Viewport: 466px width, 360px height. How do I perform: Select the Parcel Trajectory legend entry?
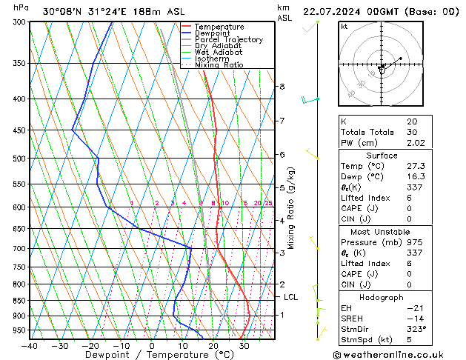[228, 40]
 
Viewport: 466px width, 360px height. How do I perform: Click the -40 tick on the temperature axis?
[30, 345]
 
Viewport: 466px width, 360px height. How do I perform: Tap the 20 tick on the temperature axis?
[213, 345]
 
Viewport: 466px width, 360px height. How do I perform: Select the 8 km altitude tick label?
[282, 87]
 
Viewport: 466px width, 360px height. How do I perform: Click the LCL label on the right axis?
[291, 297]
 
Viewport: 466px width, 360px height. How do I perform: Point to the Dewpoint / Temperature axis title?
[150, 355]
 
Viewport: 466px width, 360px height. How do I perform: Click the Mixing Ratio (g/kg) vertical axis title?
[291, 208]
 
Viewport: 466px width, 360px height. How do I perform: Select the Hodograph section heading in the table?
[382, 297]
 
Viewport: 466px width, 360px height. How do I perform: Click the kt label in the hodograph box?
[344, 26]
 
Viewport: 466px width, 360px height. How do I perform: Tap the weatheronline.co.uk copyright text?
[399, 354]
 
